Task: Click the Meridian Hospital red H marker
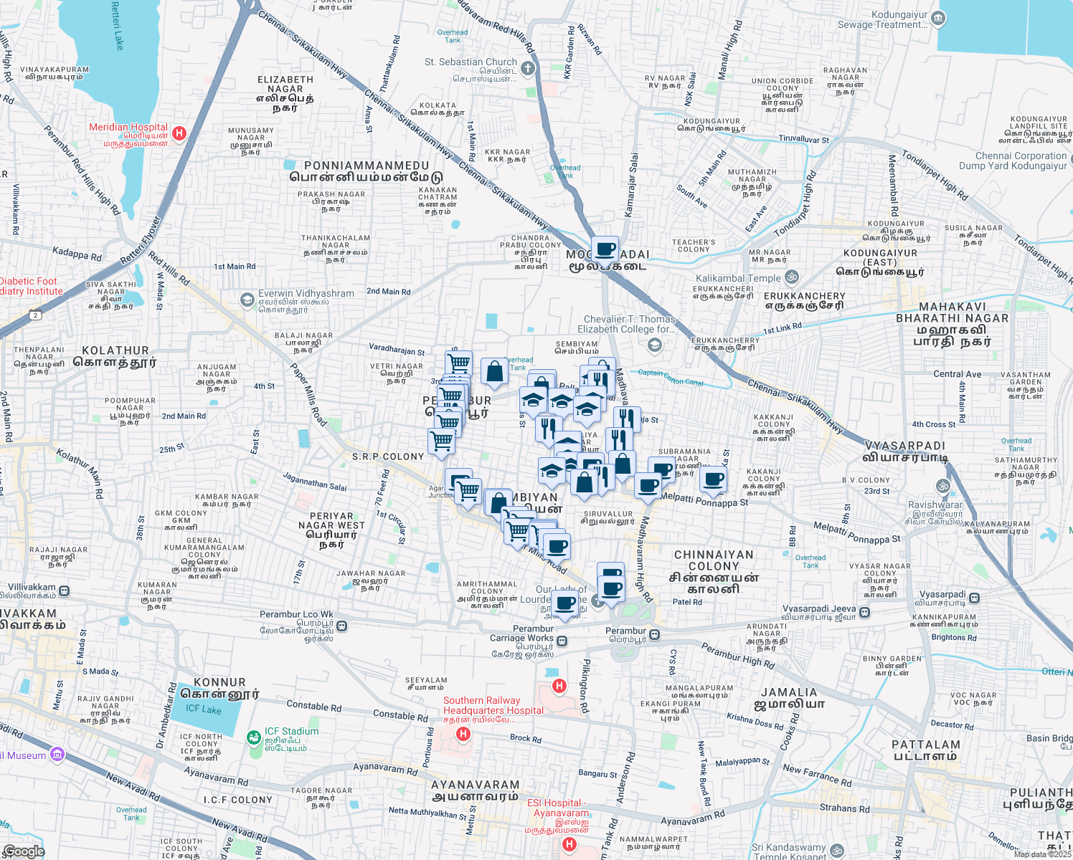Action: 179,133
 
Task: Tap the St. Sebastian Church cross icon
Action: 528,69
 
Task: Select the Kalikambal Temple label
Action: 738,278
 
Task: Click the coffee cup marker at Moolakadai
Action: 605,249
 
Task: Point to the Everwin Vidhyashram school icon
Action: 247,299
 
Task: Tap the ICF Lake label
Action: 204,709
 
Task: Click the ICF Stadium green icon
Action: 254,737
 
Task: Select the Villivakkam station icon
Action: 65,591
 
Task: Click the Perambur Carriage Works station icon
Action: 563,641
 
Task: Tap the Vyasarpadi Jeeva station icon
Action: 865,612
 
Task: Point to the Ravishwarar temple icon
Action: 944,487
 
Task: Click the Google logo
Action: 24,851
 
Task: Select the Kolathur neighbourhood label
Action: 115,357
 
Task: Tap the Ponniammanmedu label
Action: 366,171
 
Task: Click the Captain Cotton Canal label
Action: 671,376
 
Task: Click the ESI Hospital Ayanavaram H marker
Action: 569,844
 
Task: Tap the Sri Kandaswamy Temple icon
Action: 836,851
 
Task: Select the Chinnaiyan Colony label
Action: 714,571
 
